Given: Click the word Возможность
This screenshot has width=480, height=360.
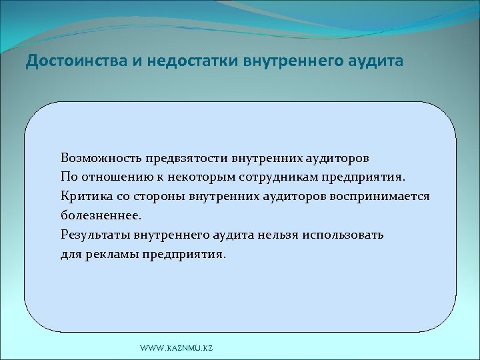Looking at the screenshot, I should point(98,159).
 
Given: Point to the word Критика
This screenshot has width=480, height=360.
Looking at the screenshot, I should point(84,197).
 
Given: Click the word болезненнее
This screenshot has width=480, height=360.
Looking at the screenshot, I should point(101,217).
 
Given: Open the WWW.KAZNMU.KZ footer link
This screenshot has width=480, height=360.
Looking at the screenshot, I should point(177,349).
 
